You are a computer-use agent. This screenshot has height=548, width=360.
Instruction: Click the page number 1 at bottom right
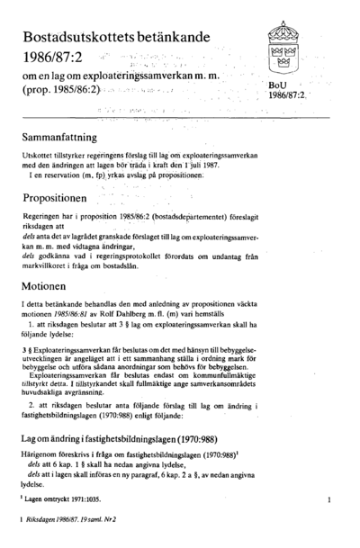pos(330,497)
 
